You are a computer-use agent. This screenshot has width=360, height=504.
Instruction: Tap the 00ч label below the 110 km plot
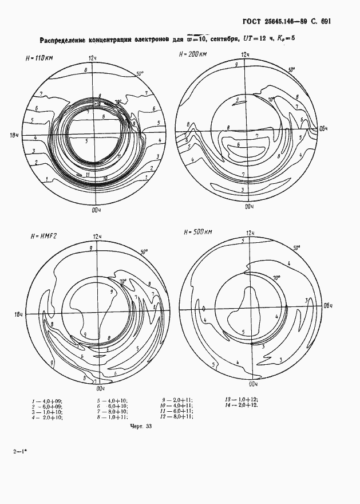(x=96, y=210)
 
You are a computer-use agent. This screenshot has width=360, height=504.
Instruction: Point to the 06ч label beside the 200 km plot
(x=323, y=129)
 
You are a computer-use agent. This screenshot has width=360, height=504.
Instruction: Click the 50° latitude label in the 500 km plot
(x=296, y=248)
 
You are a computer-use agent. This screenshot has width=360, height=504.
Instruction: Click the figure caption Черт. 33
(x=140, y=427)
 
